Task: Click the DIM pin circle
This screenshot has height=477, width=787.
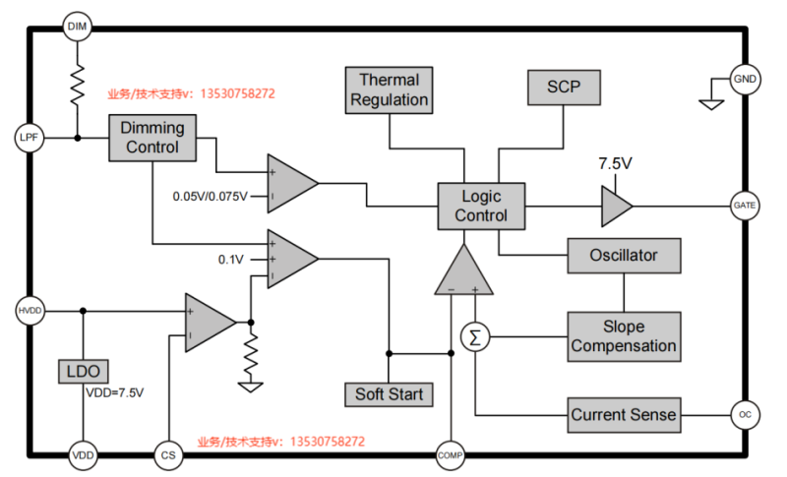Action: tap(78, 27)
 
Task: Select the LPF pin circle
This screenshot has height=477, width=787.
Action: tap(30, 138)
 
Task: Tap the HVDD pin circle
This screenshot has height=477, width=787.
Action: tap(30, 311)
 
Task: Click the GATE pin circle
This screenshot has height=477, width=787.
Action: tap(745, 206)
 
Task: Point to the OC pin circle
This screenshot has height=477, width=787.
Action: tap(745, 415)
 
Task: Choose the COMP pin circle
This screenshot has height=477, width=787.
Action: tap(451, 455)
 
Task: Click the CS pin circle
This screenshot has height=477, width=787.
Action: tap(168, 455)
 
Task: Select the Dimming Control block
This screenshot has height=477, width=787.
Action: tap(152, 138)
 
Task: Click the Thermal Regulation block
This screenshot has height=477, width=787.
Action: tap(389, 90)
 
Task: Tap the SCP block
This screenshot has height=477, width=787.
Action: tap(564, 88)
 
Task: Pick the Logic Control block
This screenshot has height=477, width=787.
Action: tap(481, 207)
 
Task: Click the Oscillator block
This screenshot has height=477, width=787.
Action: tap(624, 256)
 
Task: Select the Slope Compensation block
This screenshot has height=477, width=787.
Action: tap(624, 336)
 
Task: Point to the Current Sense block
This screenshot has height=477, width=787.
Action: tap(624, 415)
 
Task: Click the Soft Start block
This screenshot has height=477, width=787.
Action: tap(389, 394)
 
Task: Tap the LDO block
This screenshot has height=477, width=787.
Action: tap(84, 372)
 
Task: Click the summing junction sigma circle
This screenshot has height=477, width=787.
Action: tap(475, 337)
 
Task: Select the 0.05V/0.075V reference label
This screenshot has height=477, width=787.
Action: tap(210, 196)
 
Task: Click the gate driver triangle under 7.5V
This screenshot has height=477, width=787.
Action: tap(617, 207)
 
